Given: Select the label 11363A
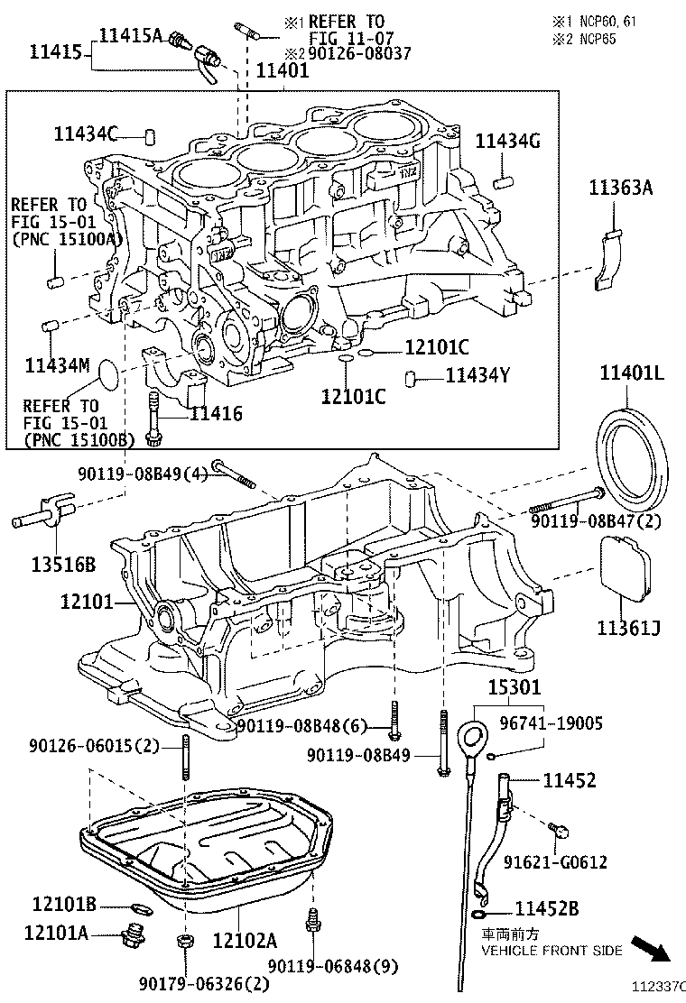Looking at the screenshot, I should pos(621,189).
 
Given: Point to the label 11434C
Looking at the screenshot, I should pos(85,133).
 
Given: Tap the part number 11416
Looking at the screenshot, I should pos(217,414).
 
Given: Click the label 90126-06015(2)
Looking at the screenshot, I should pos(93,746).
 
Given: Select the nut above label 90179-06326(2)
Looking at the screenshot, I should pos(184,943).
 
